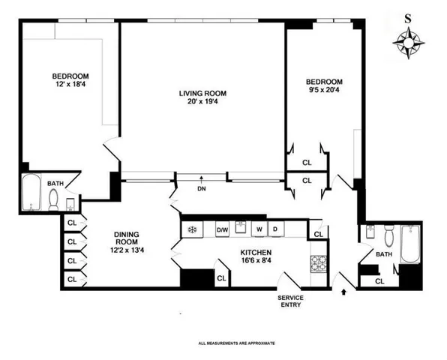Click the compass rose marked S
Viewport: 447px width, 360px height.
(x=408, y=45)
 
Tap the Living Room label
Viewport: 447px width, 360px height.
(x=202, y=94)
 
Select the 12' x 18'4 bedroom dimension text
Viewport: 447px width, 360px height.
(x=71, y=85)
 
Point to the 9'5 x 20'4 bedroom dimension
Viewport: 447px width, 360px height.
(x=323, y=91)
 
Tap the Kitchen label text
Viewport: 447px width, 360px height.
(x=255, y=253)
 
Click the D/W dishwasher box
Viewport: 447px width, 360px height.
(x=223, y=229)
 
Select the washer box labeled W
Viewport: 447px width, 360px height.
(x=259, y=229)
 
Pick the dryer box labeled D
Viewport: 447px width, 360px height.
(x=276, y=229)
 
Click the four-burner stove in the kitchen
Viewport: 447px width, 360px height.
(x=318, y=264)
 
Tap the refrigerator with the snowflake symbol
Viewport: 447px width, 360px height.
(x=191, y=229)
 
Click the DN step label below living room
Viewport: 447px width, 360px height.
(x=202, y=188)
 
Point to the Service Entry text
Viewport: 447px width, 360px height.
(x=291, y=300)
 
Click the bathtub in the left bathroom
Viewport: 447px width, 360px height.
(x=32, y=194)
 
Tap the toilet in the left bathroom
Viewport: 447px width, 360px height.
(x=55, y=199)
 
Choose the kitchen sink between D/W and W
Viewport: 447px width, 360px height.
(x=241, y=227)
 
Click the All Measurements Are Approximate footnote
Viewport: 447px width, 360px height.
(x=237, y=343)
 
